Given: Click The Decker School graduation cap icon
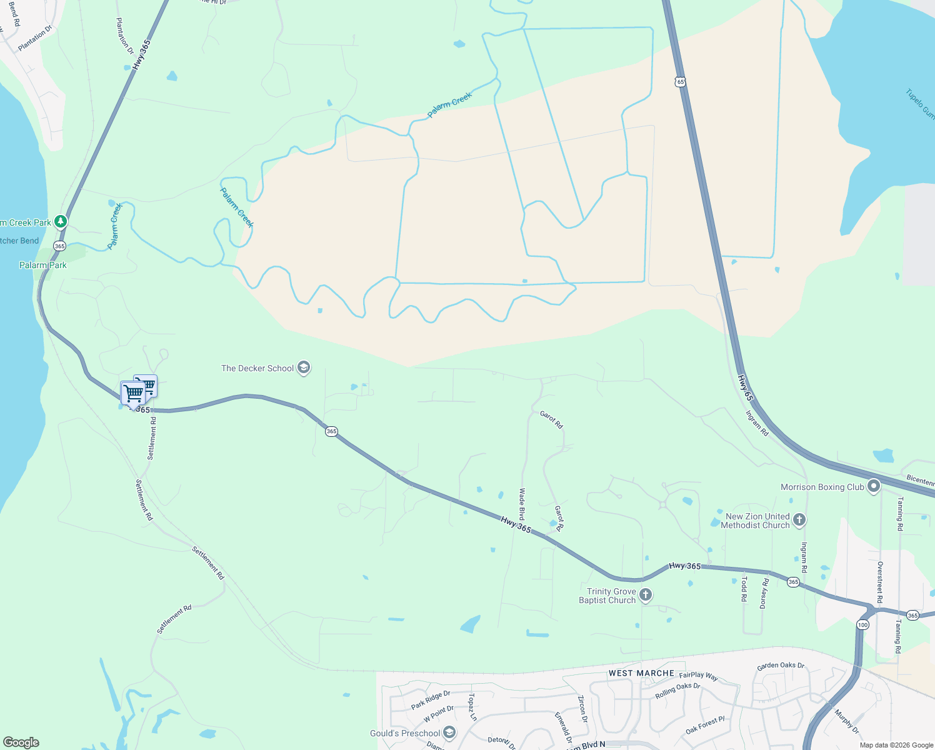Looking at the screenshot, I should [x=304, y=367].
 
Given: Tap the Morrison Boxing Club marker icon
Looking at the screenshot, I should [x=874, y=486].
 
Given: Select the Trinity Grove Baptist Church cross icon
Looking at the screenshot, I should [x=646, y=595].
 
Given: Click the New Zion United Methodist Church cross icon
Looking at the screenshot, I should [x=799, y=520].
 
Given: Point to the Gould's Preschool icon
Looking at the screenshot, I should [x=449, y=732].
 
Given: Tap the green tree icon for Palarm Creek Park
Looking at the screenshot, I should [x=60, y=221].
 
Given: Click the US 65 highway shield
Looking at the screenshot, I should [x=680, y=82].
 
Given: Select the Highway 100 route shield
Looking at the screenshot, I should [x=863, y=625].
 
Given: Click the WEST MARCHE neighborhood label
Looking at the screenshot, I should [x=641, y=673].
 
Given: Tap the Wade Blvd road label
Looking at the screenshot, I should [x=521, y=505].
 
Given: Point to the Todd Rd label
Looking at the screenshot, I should [x=744, y=589].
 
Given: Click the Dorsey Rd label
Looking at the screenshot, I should [x=764, y=593].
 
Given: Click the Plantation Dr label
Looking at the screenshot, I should [x=125, y=36].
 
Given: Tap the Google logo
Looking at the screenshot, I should [x=21, y=742].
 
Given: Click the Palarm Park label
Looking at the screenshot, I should [x=42, y=265].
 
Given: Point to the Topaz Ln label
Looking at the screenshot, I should [x=472, y=707].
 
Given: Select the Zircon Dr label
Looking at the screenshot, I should [x=582, y=709].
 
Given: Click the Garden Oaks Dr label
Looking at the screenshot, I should [x=781, y=666].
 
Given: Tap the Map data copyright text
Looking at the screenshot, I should [x=896, y=745].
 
